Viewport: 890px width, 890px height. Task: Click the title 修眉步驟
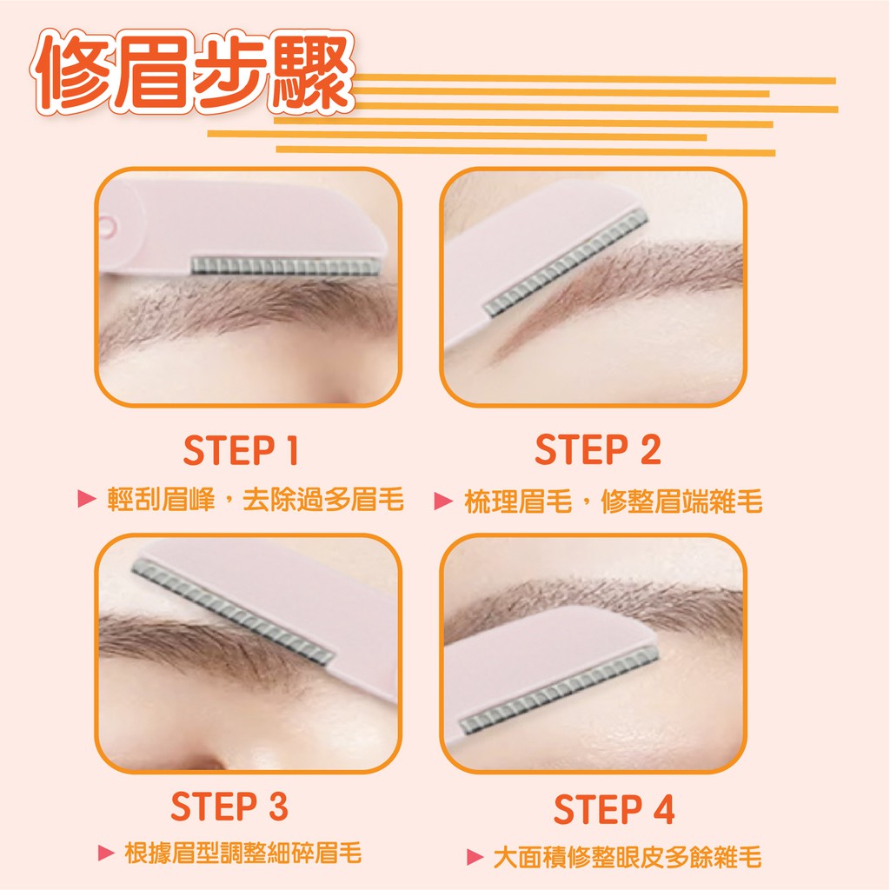[x=193, y=71]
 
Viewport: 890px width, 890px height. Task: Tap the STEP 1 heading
[x=241, y=451]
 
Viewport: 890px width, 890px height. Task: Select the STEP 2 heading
[x=598, y=449]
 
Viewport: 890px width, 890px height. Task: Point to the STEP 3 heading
[x=229, y=807]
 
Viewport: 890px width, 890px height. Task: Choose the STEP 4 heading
[x=614, y=809]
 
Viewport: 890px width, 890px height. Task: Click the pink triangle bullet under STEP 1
[x=87, y=498]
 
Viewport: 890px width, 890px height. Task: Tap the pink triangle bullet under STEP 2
[x=443, y=501]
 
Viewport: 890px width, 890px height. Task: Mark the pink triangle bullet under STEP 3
[x=107, y=853]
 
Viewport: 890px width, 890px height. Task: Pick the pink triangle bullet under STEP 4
[x=475, y=856]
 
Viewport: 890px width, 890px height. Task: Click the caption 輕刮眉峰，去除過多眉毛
[x=256, y=499]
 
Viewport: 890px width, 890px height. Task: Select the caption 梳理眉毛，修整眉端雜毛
[x=613, y=501]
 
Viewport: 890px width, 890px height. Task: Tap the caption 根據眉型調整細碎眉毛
[x=243, y=853]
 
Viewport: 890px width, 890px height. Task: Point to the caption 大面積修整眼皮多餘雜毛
[x=628, y=856]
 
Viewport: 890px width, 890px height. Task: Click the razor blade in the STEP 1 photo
[x=285, y=266]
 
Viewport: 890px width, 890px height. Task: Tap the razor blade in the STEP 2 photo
[x=566, y=262]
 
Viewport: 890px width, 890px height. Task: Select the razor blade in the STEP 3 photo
[x=233, y=611]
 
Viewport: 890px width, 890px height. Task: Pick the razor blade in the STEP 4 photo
[x=559, y=689]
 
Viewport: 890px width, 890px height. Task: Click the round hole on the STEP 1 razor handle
[x=107, y=227]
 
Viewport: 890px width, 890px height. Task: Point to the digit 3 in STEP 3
[x=278, y=807]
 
